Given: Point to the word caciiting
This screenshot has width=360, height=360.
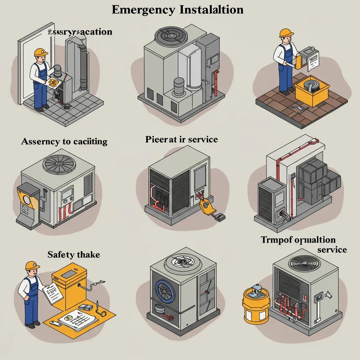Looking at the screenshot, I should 86,142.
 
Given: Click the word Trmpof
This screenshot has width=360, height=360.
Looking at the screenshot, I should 275,240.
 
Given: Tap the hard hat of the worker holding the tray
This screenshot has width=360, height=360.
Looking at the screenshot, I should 41,52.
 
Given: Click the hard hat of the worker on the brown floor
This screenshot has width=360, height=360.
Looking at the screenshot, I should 286,33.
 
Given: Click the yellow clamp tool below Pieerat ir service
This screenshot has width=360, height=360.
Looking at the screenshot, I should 204,206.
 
